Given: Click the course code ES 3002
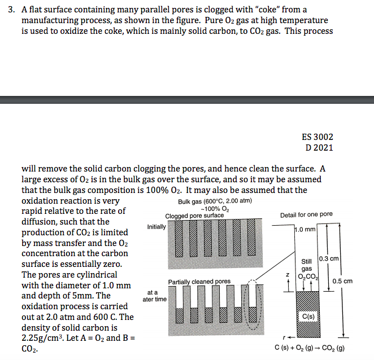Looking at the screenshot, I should point(318,137).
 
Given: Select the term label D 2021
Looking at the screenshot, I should point(319,148).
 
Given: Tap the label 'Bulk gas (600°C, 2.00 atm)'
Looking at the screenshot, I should point(215,201).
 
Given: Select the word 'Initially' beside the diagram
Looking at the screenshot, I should point(156,227).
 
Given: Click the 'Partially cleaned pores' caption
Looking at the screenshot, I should point(199,282).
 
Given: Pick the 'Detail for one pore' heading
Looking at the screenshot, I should point(306,215).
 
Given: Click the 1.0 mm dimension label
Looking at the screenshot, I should point(306,230).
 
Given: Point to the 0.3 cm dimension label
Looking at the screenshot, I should point(328,258).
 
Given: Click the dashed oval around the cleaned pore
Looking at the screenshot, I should point(251,305).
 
